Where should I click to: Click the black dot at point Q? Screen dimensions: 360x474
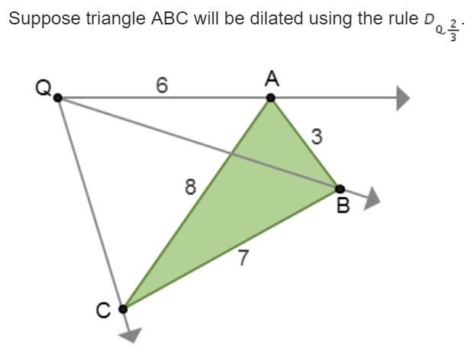point(58,98)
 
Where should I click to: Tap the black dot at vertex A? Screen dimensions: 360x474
point(270,98)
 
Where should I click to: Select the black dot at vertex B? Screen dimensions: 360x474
point(340,188)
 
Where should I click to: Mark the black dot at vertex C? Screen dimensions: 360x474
point(123,309)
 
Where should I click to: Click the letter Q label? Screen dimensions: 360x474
point(44,88)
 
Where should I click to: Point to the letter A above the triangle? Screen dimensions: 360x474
point(271,79)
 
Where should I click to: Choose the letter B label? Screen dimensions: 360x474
point(343,205)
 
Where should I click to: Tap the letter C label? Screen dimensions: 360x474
point(103,310)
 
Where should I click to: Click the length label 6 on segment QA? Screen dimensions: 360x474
point(161,85)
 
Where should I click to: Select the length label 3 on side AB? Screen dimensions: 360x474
point(317,137)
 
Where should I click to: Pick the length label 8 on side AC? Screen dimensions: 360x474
point(190,186)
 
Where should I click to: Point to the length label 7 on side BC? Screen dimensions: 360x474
point(243,258)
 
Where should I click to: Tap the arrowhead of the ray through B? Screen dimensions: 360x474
point(372,199)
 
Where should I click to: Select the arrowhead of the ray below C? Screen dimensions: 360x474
point(132,334)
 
